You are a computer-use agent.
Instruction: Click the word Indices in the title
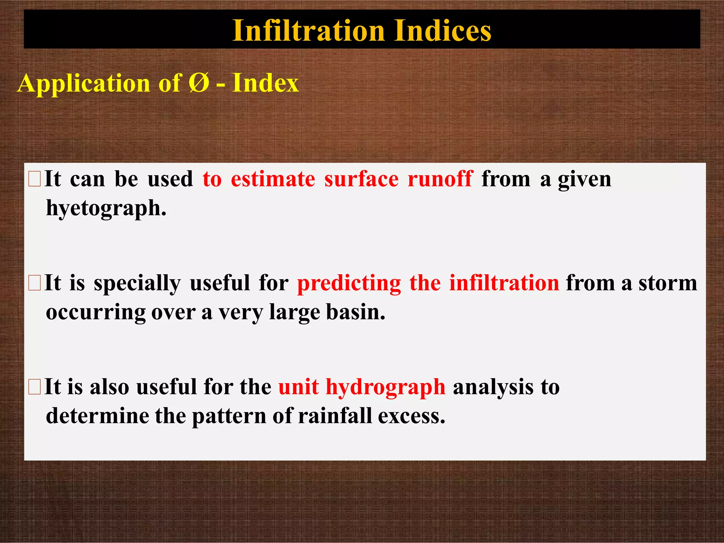point(442,31)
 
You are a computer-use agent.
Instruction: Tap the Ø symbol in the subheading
point(199,83)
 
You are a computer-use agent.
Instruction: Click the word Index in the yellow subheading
point(265,83)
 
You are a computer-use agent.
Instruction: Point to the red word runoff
point(440,179)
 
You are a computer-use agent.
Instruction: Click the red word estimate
point(273,179)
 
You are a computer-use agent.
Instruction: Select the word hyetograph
point(106,209)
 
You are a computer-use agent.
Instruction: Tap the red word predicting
point(349,283)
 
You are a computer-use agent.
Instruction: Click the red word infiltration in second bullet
point(504,283)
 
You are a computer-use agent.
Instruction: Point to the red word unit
point(298,387)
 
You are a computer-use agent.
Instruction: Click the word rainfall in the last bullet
point(335,416)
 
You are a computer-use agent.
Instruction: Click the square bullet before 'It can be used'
point(35,179)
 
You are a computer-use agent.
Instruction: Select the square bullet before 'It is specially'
point(35,283)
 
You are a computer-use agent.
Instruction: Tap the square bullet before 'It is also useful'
point(35,387)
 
